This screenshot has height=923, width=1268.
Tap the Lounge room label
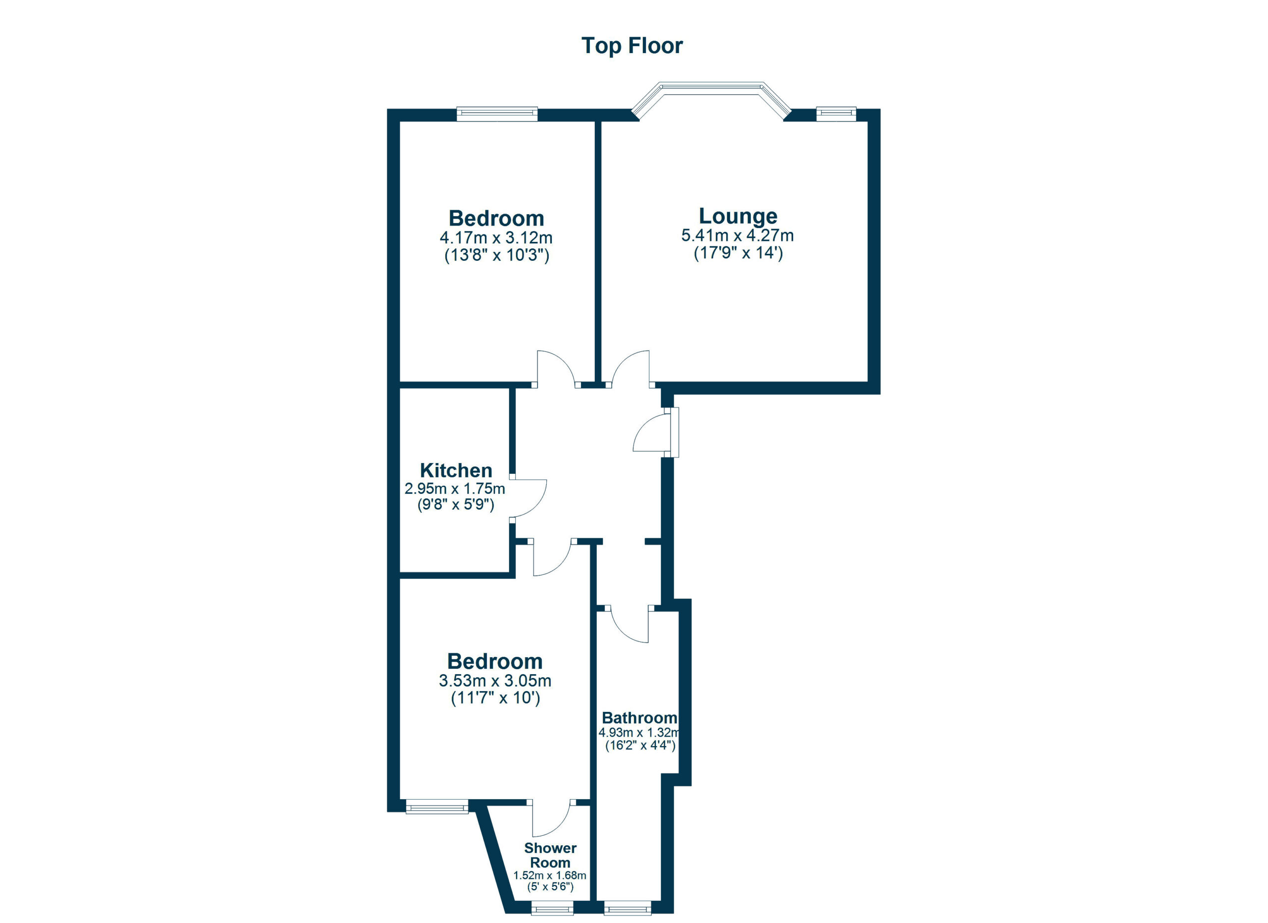click(x=738, y=216)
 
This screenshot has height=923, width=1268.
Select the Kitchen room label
click(x=456, y=470)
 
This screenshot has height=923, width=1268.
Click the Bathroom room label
click(x=639, y=718)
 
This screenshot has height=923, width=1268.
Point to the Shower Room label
click(x=550, y=855)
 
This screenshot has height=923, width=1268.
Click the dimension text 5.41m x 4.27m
click(x=738, y=235)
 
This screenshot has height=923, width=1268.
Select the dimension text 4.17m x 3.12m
click(x=496, y=238)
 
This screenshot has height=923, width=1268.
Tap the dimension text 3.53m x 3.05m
click(x=495, y=681)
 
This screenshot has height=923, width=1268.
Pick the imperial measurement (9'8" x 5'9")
click(x=456, y=505)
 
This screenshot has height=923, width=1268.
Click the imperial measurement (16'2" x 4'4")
click(x=640, y=746)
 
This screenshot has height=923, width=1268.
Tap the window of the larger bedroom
click(x=496, y=114)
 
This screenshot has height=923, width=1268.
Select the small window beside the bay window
click(x=836, y=114)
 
